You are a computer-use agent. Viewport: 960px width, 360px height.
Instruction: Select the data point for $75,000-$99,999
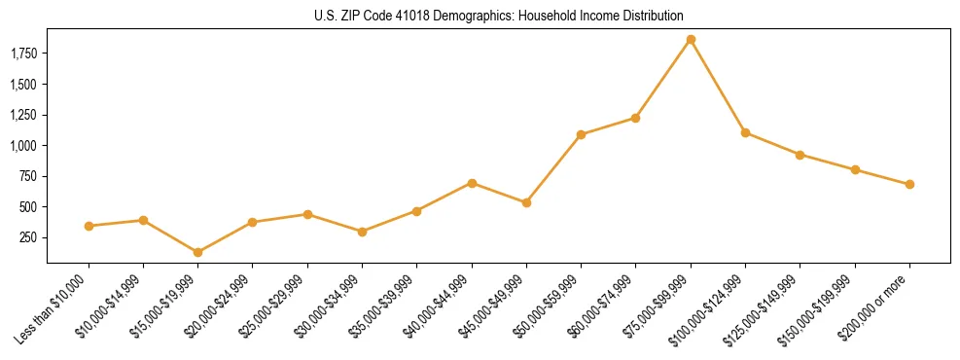pyautogui.click(x=691, y=40)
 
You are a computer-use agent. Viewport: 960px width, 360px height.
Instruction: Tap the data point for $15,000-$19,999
pyautogui.click(x=197, y=252)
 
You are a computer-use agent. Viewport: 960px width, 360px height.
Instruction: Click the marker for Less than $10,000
pyautogui.click(x=89, y=226)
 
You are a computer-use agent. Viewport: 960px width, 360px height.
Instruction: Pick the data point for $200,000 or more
pyautogui.click(x=909, y=184)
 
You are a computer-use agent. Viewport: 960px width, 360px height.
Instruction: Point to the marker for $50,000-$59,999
pyautogui.click(x=581, y=134)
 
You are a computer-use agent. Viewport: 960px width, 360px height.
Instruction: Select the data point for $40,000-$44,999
pyautogui.click(x=472, y=183)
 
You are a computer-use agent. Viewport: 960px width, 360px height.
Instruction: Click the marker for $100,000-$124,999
pyautogui.click(x=745, y=132)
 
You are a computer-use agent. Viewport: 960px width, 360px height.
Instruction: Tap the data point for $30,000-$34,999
pyautogui.click(x=362, y=232)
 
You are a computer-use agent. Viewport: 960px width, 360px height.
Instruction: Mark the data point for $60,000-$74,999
pyautogui.click(x=635, y=118)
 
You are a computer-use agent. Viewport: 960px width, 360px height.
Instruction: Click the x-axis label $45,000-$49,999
pyautogui.click(x=496, y=307)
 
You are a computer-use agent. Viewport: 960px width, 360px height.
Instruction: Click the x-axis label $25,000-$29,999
pyautogui.click(x=277, y=307)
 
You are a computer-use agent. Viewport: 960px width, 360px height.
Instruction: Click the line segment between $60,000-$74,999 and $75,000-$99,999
pyautogui.click(x=663, y=79)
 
